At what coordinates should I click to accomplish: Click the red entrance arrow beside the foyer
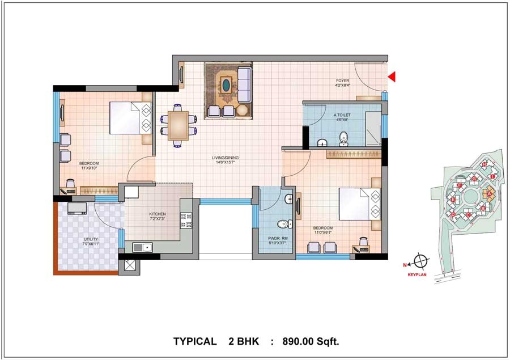coord(391,77)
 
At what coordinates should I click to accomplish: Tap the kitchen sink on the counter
coord(143,247)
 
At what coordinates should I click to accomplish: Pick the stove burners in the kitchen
coord(186,220)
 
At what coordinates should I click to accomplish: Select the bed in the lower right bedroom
coord(359,205)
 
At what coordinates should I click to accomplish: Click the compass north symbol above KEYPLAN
coord(420,262)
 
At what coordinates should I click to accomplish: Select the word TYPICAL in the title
coord(194,341)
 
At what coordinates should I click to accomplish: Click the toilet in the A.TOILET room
coord(343,138)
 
